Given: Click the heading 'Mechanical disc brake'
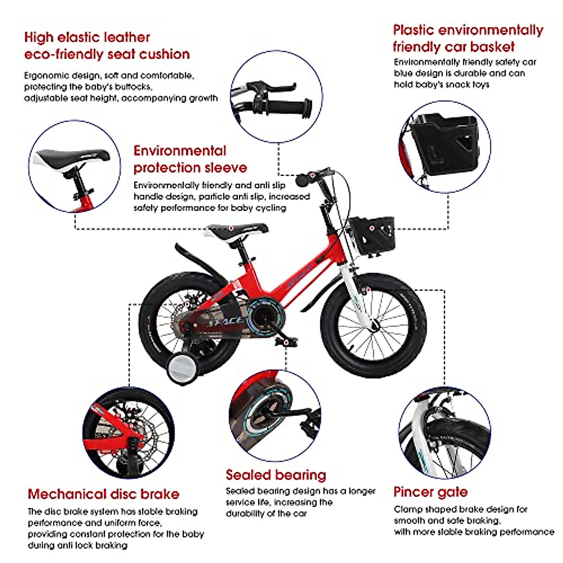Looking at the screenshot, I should pyautogui.click(x=103, y=494).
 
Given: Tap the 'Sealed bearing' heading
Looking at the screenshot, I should pyautogui.click(x=275, y=475).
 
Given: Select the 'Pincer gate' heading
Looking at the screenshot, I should pyautogui.click(x=430, y=492).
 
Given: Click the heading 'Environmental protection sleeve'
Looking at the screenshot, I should pyautogui.click(x=190, y=159).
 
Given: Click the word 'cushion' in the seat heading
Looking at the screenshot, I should pyautogui.click(x=164, y=54).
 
